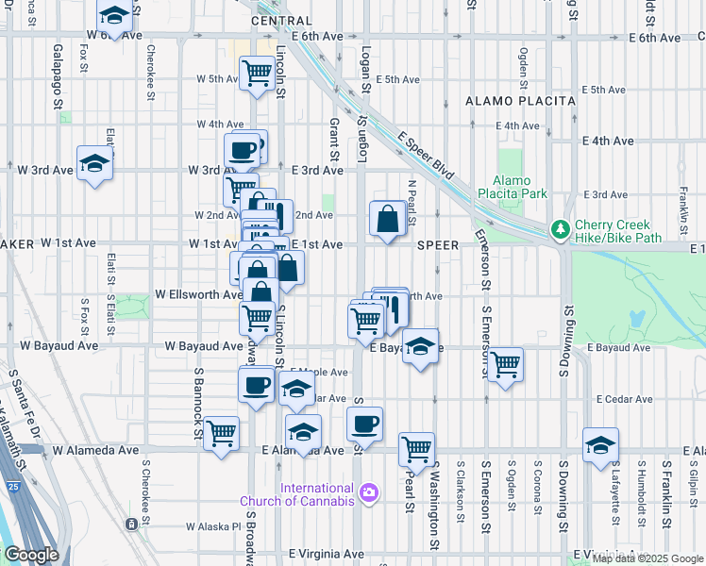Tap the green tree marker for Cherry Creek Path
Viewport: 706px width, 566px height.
coord(560,229)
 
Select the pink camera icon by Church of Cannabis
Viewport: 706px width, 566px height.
coord(368,491)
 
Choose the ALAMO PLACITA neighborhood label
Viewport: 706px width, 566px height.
coord(520,100)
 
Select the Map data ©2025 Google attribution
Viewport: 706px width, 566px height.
coord(647,558)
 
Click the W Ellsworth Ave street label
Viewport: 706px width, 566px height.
coord(199,294)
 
